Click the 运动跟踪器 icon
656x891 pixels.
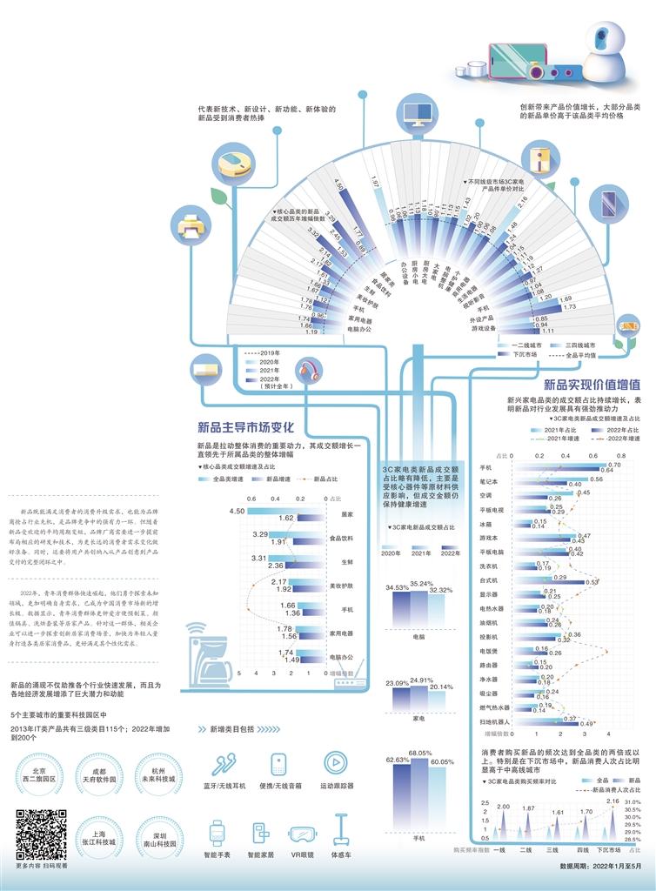click(335, 764)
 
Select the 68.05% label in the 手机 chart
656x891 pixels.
click(421, 752)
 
